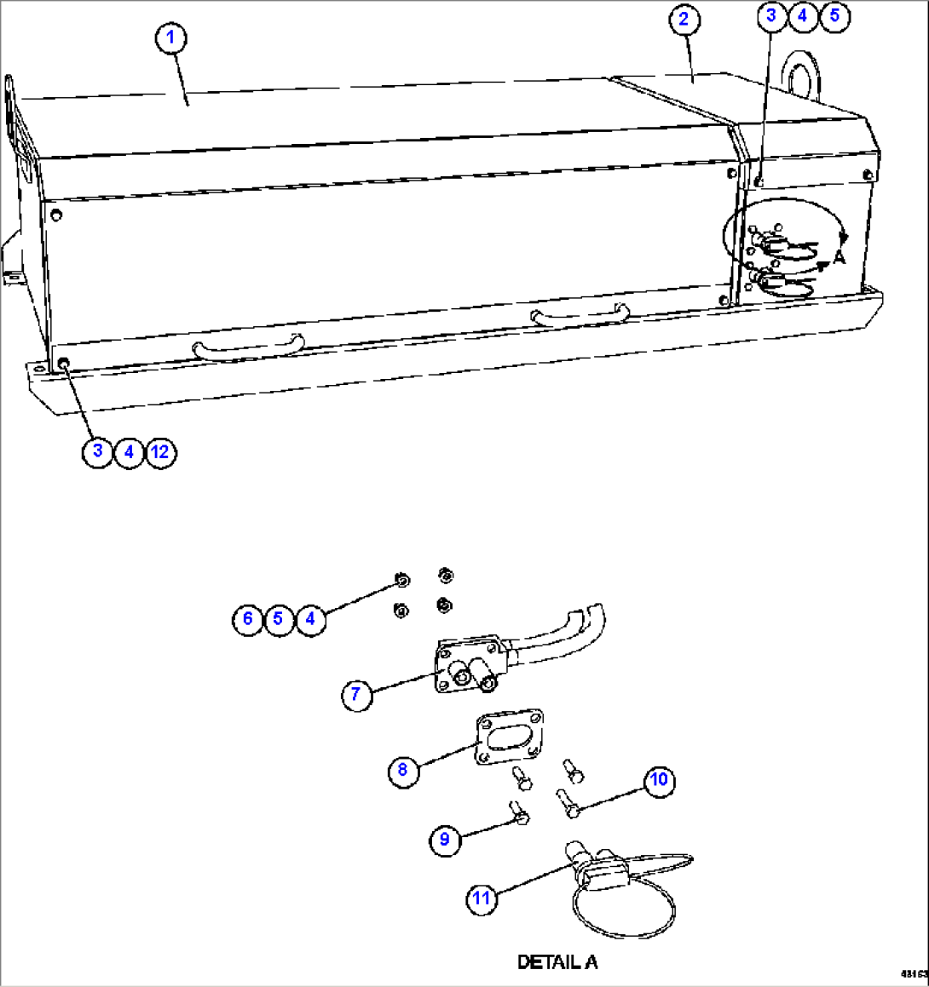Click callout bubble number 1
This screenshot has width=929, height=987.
point(171,37)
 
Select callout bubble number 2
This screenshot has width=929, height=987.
point(684,20)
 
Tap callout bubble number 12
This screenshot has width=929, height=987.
point(160,451)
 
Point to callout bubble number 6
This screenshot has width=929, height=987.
point(247,618)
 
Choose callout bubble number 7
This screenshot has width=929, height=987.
point(356,695)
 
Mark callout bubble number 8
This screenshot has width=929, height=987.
point(402,771)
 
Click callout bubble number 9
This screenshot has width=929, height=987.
point(444,840)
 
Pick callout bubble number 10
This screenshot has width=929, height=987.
point(659,780)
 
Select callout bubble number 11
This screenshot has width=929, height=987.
point(482,898)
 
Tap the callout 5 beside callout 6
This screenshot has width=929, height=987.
point(279,618)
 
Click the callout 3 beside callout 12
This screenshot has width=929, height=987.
point(98,451)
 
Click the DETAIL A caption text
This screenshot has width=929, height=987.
point(557,962)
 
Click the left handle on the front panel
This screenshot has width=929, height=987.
point(248,347)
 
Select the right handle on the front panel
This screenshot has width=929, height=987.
point(580,317)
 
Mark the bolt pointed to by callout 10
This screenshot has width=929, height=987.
point(568,803)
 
